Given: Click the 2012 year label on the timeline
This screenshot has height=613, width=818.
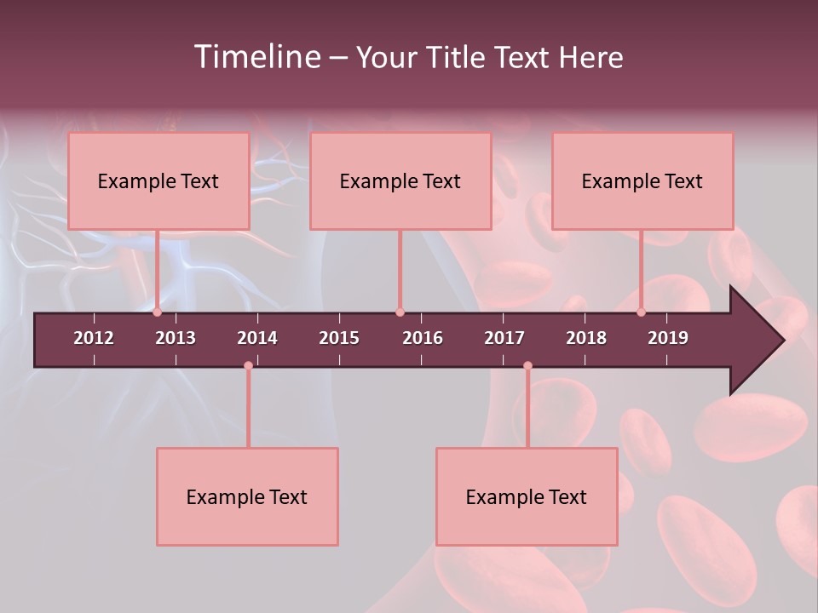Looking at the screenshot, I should click(94, 338).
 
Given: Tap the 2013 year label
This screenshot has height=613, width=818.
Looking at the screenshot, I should click(176, 338).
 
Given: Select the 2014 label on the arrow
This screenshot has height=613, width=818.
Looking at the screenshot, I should click(257, 338).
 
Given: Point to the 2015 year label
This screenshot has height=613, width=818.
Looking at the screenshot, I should click(339, 338).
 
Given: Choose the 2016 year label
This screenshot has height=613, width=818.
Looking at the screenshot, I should click(423, 338).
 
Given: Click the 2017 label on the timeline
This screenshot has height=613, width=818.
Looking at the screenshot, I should click(504, 338).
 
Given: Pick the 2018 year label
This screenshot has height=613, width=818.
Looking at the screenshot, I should click(586, 338).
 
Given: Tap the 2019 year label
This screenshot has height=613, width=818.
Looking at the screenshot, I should click(668, 338).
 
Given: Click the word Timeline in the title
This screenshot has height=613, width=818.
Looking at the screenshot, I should click(256, 57).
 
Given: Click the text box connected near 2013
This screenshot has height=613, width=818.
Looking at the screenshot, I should click(158, 180).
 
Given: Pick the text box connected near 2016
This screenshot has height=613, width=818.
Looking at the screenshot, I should click(400, 180).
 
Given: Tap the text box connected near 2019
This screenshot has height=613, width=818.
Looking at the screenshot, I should click(642, 180).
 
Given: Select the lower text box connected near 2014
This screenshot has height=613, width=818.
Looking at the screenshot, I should click(247, 496).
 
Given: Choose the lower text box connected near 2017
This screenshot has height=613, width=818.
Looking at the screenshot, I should click(527, 496).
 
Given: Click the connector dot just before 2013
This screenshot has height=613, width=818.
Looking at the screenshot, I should click(158, 312).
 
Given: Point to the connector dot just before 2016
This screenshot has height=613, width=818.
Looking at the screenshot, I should click(400, 312).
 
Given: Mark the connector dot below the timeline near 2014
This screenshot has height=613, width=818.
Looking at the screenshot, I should click(248, 366).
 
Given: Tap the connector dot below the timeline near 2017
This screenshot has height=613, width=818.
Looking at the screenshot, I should click(527, 366).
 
